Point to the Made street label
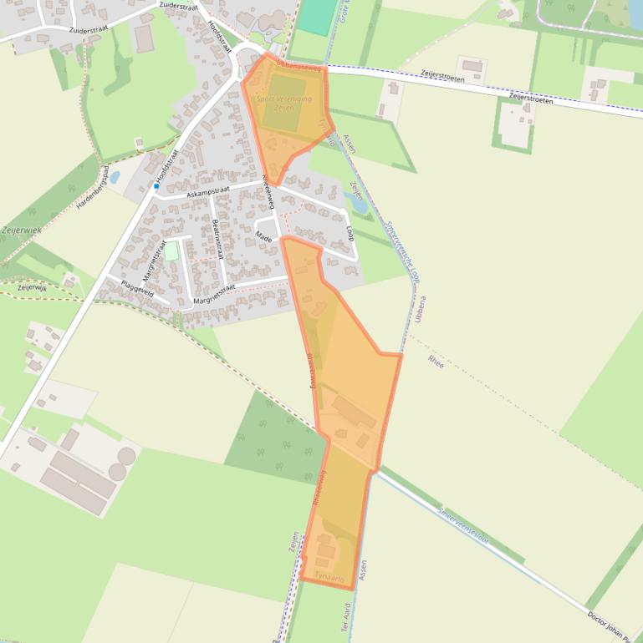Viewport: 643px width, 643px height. [265, 236]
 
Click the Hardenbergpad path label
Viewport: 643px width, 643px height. [94, 186]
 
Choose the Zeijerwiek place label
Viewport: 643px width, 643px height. [20, 229]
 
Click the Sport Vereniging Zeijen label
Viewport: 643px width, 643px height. [284, 103]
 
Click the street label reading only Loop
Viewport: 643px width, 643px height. [350, 233]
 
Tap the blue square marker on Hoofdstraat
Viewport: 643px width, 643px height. [156, 186]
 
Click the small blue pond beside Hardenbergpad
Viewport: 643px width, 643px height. [115, 178]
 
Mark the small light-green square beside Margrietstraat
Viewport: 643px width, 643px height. [171, 251]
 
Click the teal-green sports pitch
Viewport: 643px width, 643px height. [314, 18]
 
